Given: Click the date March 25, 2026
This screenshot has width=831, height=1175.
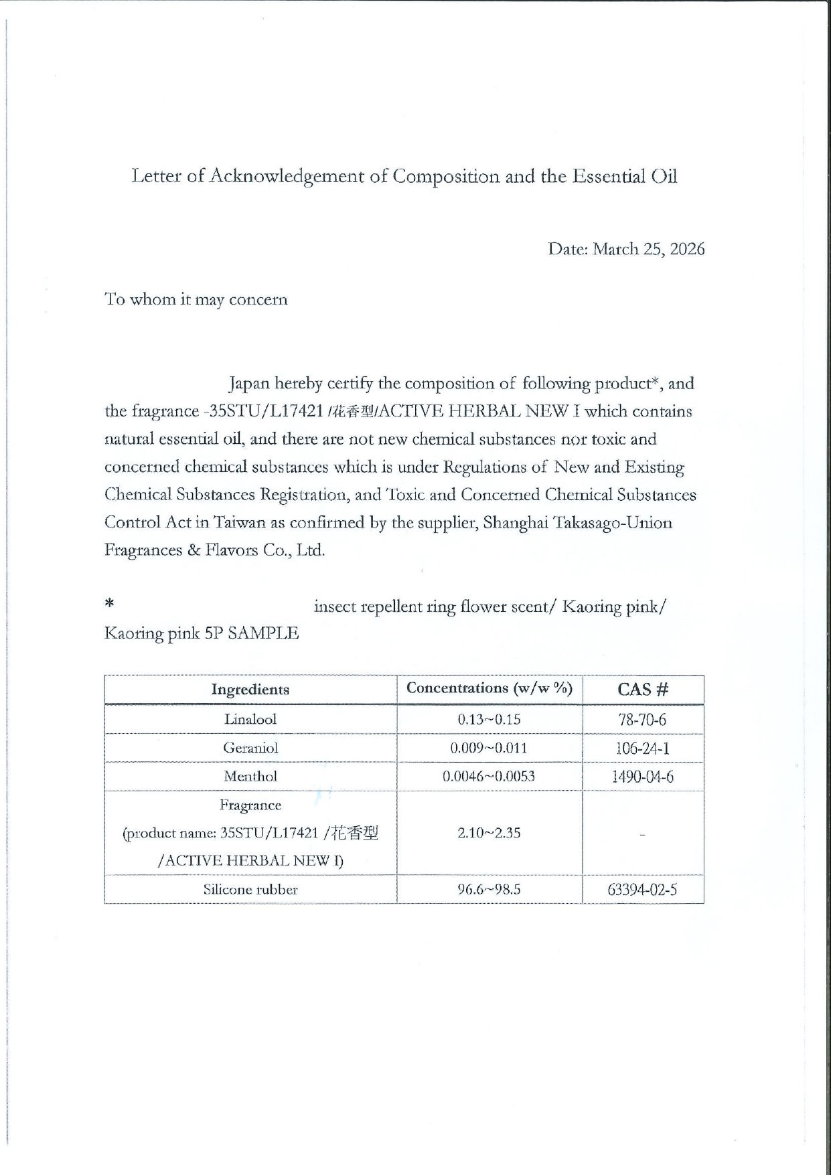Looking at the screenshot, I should (649, 249).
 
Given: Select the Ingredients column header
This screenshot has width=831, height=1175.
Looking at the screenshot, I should (250, 690).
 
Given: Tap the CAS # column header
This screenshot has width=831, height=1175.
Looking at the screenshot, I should (643, 690).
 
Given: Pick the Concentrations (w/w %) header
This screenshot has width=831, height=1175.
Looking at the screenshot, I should (489, 688).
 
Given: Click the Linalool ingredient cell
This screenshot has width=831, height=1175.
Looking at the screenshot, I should (250, 720).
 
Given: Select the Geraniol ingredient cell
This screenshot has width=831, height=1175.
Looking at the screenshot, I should (250, 748).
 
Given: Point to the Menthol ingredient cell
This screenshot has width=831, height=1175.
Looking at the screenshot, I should (250, 777).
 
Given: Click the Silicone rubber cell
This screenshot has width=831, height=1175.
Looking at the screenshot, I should (250, 890).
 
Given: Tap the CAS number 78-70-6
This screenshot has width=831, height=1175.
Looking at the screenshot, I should (643, 720).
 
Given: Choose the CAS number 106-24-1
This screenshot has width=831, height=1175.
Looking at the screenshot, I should (643, 749).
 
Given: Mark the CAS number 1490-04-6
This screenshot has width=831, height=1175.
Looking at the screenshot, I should (643, 777).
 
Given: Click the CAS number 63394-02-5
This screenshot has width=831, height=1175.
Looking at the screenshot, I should (643, 890).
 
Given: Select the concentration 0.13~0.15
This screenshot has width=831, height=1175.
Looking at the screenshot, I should (489, 720).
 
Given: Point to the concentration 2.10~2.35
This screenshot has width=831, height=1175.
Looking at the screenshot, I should (489, 833).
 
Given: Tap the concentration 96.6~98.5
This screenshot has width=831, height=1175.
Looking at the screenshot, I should (489, 890).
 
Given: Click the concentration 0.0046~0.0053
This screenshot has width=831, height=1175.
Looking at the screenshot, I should (489, 777).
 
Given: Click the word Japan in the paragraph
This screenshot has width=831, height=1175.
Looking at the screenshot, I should (249, 384).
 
